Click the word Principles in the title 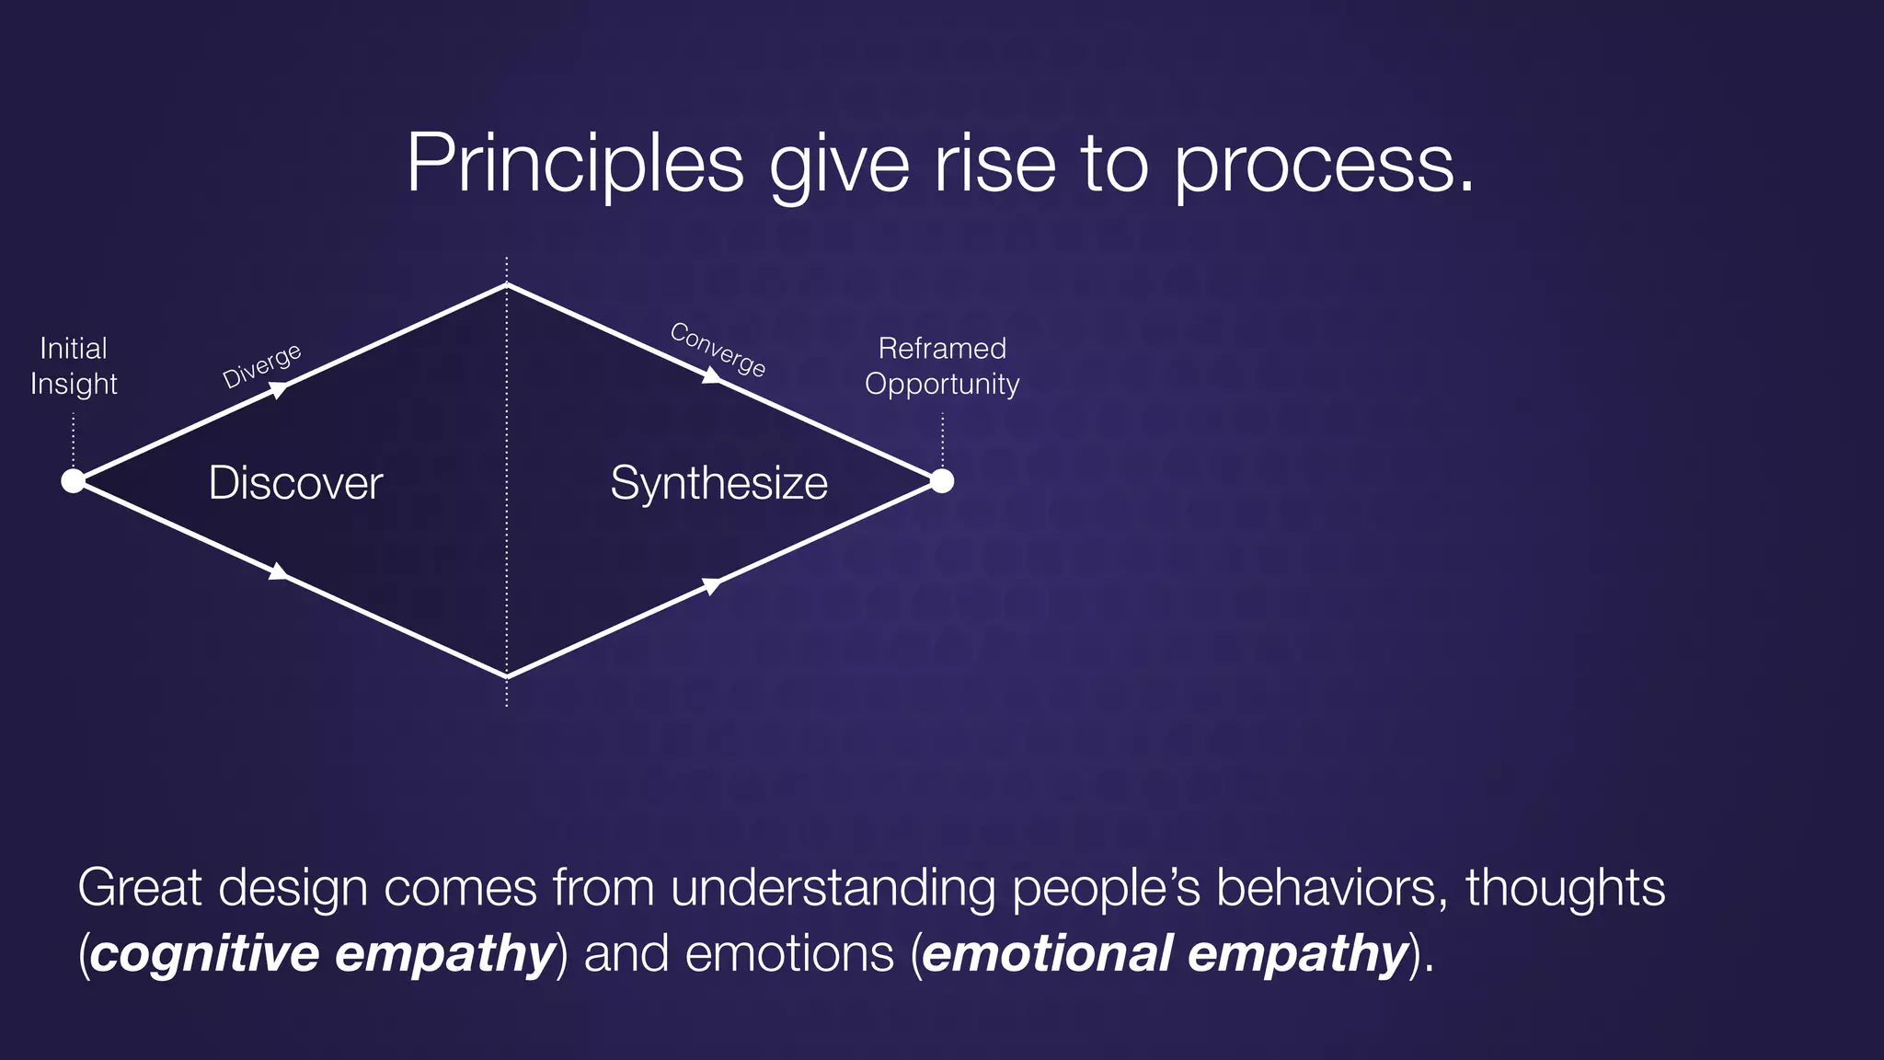[x=574, y=164]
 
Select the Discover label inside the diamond [x=295, y=483]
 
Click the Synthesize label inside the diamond [x=718, y=483]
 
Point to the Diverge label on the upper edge [x=262, y=365]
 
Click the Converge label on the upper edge [x=718, y=349]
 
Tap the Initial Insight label [x=74, y=365]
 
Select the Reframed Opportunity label [x=942, y=365]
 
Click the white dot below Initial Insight [x=73, y=480]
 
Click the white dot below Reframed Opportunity [x=942, y=480]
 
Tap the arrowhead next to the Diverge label [x=279, y=390]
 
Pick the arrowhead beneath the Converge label [x=711, y=375]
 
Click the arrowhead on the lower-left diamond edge [x=279, y=572]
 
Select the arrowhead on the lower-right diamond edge [x=711, y=585]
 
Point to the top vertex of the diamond [x=507, y=285]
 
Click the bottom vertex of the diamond [x=507, y=677]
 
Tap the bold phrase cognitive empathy [x=322, y=952]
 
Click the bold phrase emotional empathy [x=1165, y=952]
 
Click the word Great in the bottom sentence [x=139, y=888]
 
